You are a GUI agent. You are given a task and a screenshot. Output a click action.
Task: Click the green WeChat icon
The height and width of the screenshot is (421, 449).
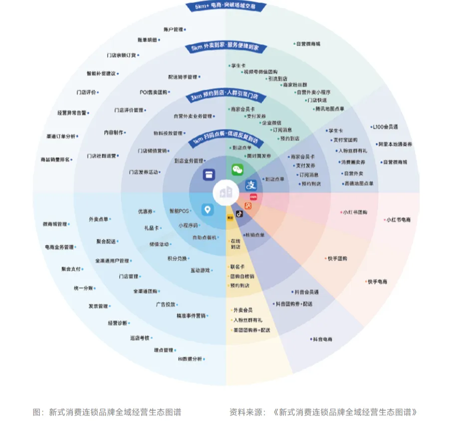click(x=237, y=170)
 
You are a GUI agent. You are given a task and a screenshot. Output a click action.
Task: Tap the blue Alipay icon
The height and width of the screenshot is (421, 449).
click(x=251, y=185)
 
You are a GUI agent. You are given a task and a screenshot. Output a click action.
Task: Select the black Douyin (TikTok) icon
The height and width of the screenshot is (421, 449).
click(x=239, y=213)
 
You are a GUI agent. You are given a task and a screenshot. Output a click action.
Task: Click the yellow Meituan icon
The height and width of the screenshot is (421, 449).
click(x=230, y=217)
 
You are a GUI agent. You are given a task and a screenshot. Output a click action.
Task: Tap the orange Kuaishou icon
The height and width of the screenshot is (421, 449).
click(x=248, y=206)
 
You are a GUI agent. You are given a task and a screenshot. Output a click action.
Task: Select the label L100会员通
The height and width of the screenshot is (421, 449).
click(x=385, y=127)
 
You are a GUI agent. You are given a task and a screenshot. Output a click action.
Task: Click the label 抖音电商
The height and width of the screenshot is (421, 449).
click(x=322, y=339)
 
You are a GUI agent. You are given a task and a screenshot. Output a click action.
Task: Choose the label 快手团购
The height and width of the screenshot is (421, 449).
click(x=337, y=259)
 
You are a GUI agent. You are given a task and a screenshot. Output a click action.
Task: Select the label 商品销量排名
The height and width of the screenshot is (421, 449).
click(x=54, y=160)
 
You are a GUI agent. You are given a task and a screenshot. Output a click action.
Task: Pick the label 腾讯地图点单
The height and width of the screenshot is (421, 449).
click(x=329, y=109)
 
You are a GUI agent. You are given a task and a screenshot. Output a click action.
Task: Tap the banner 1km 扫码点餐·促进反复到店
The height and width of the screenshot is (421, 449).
click(x=226, y=141)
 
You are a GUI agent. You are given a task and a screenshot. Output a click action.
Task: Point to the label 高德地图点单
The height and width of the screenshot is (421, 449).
click(x=358, y=183)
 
